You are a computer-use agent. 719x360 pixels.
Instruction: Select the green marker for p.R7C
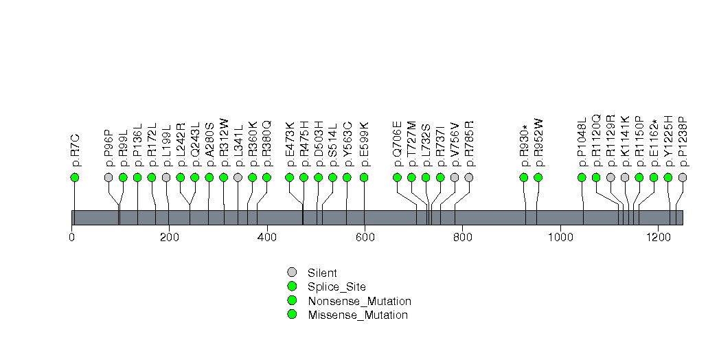pyautogui.click(x=75, y=177)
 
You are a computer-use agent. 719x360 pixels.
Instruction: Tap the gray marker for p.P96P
pyautogui.click(x=109, y=177)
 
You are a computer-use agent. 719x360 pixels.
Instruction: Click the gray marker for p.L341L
pyautogui.click(x=238, y=177)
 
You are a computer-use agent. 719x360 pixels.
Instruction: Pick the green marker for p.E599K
pyautogui.click(x=364, y=177)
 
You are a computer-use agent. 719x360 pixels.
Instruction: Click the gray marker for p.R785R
pyautogui.click(x=469, y=177)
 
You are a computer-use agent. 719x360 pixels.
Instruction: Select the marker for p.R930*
pyautogui.click(x=524, y=177)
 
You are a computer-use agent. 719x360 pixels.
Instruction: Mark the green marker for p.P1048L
pyautogui.click(x=582, y=177)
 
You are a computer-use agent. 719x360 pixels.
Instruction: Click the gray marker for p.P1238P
pyautogui.click(x=683, y=177)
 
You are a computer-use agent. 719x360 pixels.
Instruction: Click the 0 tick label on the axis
pyautogui.click(x=72, y=237)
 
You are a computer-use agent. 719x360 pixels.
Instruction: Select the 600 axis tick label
pyautogui.click(x=364, y=237)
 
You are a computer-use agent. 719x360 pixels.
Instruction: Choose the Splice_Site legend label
pyautogui.click(x=337, y=287)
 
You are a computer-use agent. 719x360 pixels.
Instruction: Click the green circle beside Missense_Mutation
pyautogui.click(x=292, y=315)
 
